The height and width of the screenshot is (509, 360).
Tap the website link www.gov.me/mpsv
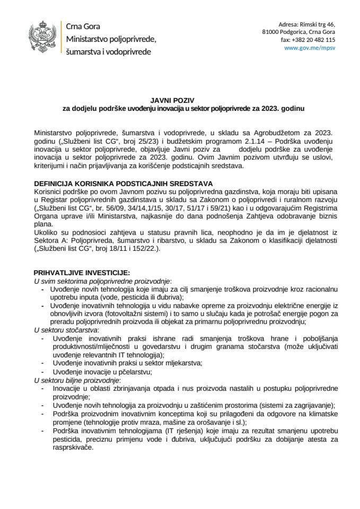(x=310, y=47)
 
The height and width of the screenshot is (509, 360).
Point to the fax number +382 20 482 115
(x=309, y=40)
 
